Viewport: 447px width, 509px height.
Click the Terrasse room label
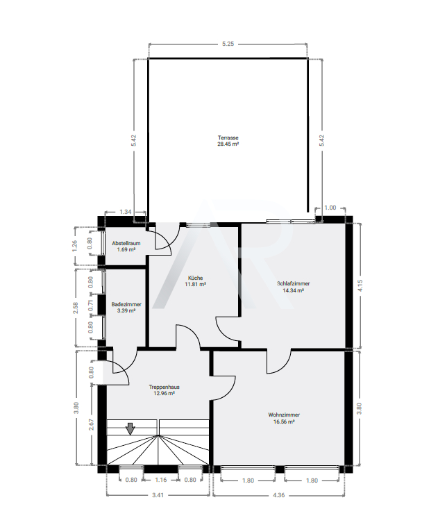(x=228, y=137)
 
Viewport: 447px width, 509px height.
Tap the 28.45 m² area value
(x=228, y=144)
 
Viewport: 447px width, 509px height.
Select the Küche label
(x=196, y=278)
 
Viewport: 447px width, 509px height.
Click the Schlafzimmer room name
(x=293, y=283)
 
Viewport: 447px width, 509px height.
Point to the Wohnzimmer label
(x=284, y=415)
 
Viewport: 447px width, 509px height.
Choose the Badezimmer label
(x=126, y=304)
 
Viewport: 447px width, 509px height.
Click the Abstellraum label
(x=126, y=243)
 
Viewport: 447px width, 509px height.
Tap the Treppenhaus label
(x=164, y=387)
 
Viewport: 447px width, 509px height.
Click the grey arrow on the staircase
(x=130, y=429)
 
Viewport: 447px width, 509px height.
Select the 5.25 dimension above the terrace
(x=228, y=44)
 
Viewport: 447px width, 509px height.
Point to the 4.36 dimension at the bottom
(x=278, y=495)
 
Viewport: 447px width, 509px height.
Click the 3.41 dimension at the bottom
(x=158, y=495)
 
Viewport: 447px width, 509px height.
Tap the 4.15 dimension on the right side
(x=360, y=285)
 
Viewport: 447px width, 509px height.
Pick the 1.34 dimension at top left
(x=126, y=212)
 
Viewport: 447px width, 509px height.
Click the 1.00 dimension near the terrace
(x=330, y=208)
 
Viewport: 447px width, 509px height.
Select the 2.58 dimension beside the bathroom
(x=76, y=308)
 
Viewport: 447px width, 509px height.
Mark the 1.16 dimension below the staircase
(x=160, y=480)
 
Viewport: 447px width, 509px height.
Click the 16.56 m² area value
(x=284, y=422)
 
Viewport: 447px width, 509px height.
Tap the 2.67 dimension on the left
(x=91, y=424)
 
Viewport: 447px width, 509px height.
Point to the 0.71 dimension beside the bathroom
(x=91, y=305)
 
